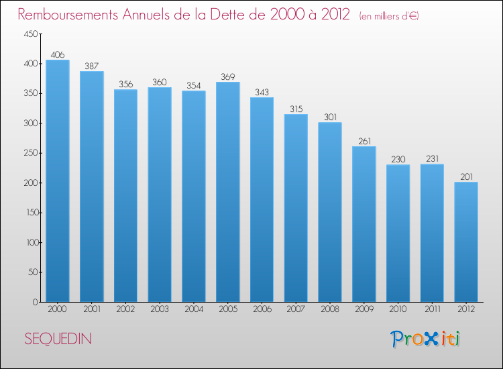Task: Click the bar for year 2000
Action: (x=58, y=180)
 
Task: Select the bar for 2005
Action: (x=228, y=192)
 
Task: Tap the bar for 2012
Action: (x=466, y=242)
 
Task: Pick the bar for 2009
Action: (x=364, y=224)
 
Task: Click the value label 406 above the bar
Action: (x=58, y=55)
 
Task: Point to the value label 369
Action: (x=228, y=77)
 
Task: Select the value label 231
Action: (x=432, y=159)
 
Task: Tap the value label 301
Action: (x=330, y=117)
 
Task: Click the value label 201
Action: (x=466, y=177)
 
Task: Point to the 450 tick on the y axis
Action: (x=31, y=34)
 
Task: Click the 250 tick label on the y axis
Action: (x=31, y=153)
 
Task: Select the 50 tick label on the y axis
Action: (x=33, y=272)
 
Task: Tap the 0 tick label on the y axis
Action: (x=36, y=302)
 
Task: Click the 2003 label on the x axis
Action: (x=160, y=309)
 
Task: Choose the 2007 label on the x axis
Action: (x=296, y=309)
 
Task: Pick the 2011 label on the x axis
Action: (x=432, y=309)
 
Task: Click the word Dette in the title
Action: (x=236, y=14)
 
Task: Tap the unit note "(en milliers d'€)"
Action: (x=389, y=16)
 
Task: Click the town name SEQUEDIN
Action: (x=58, y=339)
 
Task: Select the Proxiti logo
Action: (x=425, y=339)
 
